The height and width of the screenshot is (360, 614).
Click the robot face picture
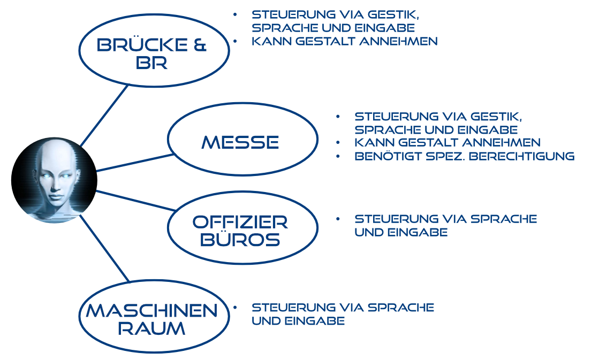pos(54,180)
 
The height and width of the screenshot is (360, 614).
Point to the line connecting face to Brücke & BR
pos(104,116)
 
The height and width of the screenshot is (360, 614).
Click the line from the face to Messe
pos(135,163)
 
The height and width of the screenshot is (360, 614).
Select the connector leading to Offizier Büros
pos(135,201)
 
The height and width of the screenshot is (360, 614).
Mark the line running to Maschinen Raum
pos(104,248)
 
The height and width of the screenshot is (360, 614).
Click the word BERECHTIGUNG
pos(521,156)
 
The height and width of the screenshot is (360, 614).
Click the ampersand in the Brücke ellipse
pos(200,45)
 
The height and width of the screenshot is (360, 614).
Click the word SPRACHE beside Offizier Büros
pos(504,219)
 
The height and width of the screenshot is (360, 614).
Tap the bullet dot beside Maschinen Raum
pos(235,308)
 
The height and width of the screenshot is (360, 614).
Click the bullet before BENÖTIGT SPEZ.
pos(338,156)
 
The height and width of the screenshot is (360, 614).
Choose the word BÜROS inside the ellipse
pos(240,239)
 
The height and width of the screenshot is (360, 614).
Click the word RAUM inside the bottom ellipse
pos(151,328)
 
